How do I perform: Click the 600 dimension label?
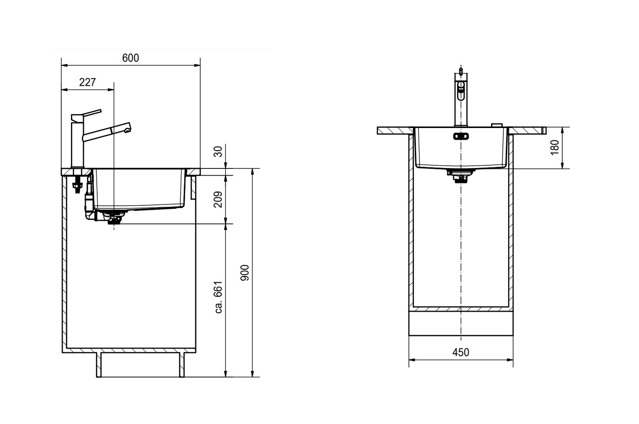(x=130, y=58)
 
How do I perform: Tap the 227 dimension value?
(x=87, y=82)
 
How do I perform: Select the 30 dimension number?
(x=218, y=152)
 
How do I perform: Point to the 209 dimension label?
(x=218, y=200)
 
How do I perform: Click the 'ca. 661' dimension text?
(x=218, y=297)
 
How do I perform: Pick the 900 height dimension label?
(x=245, y=273)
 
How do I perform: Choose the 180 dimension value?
(x=555, y=148)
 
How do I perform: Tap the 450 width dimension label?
(x=461, y=352)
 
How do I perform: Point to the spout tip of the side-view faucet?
(x=128, y=129)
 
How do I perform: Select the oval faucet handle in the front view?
(x=461, y=90)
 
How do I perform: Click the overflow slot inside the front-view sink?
(x=461, y=136)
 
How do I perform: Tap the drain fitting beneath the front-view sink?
(x=461, y=176)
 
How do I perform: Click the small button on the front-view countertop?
(x=497, y=125)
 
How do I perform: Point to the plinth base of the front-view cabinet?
(x=461, y=323)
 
